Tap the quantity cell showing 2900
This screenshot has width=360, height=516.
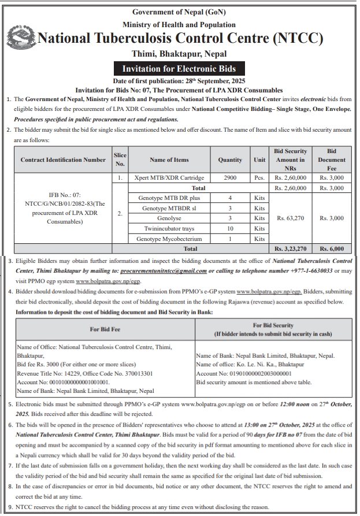pos(230,178)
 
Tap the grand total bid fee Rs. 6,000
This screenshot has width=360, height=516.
pos(332,248)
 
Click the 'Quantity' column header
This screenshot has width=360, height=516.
pos(230,160)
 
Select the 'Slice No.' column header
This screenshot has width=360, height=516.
pos(120,159)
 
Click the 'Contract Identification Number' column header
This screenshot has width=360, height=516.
pos(63,160)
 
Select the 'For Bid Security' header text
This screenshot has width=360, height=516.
pos(273,326)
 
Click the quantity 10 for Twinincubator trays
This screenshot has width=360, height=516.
pos(230,228)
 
